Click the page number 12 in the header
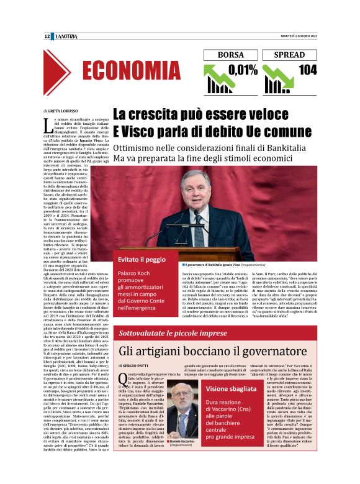pos(47,37)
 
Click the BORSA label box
pos(231,55)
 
